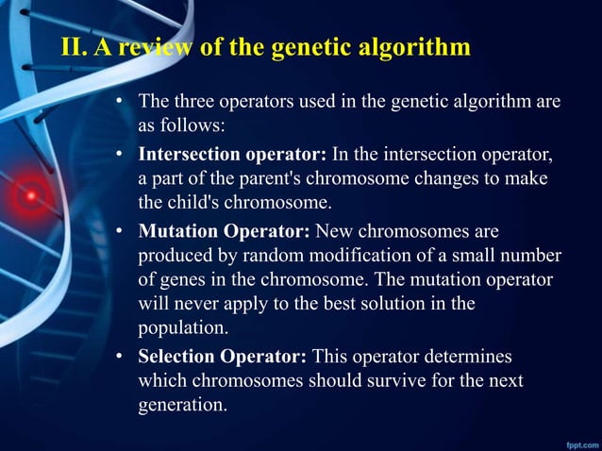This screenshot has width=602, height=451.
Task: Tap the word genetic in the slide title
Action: coord(308,47)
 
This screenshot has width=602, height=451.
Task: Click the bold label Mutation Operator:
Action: coord(225,230)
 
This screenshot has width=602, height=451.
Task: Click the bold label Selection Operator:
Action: coord(223,357)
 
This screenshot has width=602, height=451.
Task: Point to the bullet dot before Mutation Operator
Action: coord(121,230)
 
